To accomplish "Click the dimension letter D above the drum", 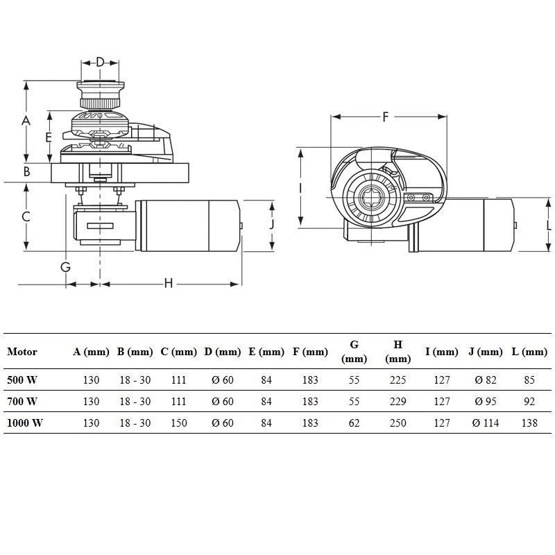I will tap(100, 62).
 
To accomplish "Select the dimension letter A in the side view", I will tap(26, 120).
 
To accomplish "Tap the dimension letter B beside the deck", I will tap(26, 171).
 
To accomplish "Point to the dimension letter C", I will tap(26, 216).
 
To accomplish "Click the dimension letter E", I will tap(49, 137).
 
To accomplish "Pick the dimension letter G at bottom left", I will tap(65, 267).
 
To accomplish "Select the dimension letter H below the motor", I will tap(169, 283).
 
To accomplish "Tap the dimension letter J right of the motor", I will tap(272, 225).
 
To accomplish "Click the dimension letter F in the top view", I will tap(386, 117).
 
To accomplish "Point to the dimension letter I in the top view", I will tap(300, 187).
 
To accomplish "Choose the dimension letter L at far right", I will tap(548, 225).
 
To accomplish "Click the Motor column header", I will tap(22, 352).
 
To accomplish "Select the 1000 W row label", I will tap(24, 422).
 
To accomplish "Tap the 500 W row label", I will tap(22, 379).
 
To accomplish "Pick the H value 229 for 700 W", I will tap(398, 401).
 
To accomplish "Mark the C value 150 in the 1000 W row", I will tap(179, 422).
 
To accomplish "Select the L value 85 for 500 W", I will tap(529, 379).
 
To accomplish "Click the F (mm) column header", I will tap(310, 352).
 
